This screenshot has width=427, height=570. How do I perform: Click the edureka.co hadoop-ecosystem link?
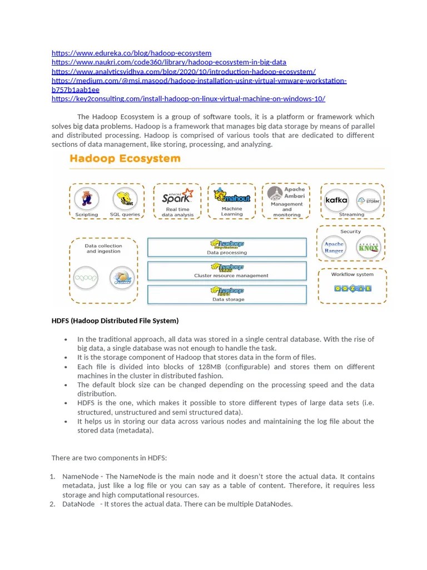point(131,53)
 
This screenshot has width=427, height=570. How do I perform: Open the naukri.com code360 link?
point(169,62)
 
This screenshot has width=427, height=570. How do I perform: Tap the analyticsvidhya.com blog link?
point(183,71)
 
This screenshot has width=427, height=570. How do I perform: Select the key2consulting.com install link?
point(188,99)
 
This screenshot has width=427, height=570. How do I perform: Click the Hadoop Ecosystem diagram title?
point(125,159)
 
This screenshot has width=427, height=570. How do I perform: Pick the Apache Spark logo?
point(177,196)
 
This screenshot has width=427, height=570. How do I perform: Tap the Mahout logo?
point(232,196)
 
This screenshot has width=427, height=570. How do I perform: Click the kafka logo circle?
point(336,199)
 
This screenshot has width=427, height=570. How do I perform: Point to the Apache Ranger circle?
point(334,247)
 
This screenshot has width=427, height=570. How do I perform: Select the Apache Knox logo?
point(368,247)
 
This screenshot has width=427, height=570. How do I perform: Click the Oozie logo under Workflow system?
point(352,288)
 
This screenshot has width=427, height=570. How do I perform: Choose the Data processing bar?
point(226,247)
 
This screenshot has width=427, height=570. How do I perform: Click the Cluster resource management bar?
point(226,271)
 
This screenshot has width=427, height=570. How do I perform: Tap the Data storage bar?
point(226,294)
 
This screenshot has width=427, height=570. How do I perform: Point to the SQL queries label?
point(125,214)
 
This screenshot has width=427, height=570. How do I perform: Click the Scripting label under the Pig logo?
point(86,214)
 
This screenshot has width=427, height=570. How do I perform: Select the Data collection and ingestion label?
point(103,248)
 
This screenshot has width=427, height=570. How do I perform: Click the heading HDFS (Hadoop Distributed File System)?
point(115,321)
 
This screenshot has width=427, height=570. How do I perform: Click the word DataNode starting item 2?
point(78,504)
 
